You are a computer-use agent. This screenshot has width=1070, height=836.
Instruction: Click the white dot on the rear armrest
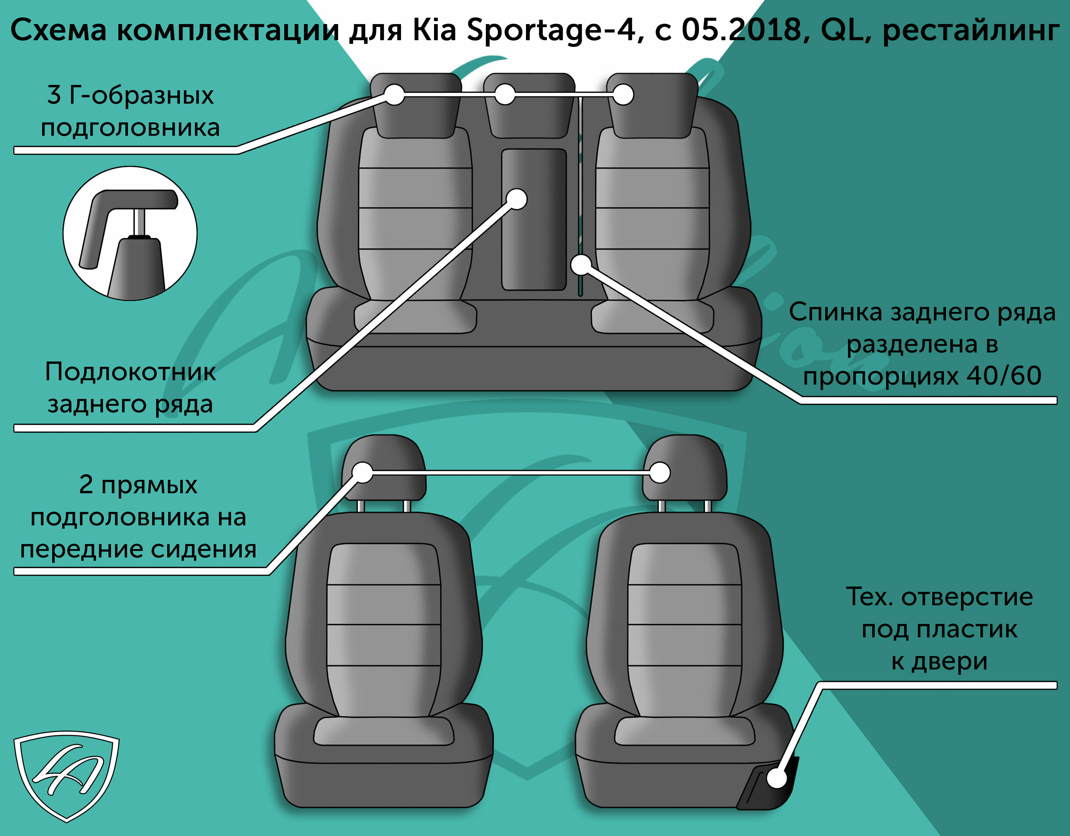tap(516, 199)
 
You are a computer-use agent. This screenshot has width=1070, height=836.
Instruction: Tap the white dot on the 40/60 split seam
tap(581, 265)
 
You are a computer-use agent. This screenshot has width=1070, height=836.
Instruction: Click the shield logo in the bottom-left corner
tap(67, 776)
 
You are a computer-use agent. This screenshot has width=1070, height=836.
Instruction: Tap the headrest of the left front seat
tap(384, 468)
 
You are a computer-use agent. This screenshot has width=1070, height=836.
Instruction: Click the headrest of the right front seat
tap(684, 468)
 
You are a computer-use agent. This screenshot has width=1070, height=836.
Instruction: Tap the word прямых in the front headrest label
tap(149, 485)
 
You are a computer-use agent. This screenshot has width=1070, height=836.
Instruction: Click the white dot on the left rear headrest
tap(394, 95)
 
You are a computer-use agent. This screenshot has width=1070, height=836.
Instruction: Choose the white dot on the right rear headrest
tap(623, 95)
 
